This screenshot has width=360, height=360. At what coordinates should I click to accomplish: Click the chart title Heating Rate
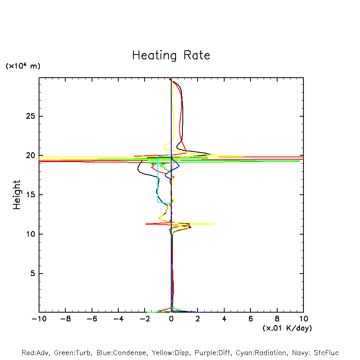pos(171,55)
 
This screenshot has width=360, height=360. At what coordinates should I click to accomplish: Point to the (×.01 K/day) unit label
pos(287,328)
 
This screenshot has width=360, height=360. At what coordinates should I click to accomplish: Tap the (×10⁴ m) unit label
pos(23,66)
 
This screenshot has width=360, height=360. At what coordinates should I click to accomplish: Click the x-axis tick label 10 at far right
pos(303,319)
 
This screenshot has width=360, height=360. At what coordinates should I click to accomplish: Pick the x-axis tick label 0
pos(171,319)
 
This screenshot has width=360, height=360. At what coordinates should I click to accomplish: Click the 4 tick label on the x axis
pos(224,319)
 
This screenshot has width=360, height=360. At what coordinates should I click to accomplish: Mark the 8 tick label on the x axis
pos(277,319)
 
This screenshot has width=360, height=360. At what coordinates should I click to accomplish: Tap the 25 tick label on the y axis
pos(27,116)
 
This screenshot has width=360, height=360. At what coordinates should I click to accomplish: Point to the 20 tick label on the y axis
pos(27,155)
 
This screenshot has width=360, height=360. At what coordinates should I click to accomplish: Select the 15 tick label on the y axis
pos(27,195)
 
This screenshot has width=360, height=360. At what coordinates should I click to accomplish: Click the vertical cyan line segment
pos(158,179)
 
